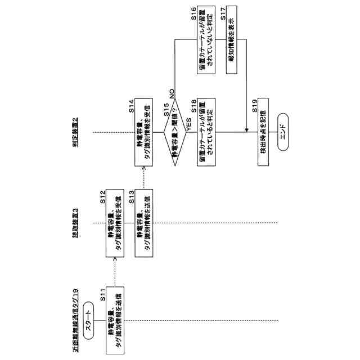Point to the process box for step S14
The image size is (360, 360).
click(x=143, y=133)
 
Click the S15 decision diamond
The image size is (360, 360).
click(x=175, y=133)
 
